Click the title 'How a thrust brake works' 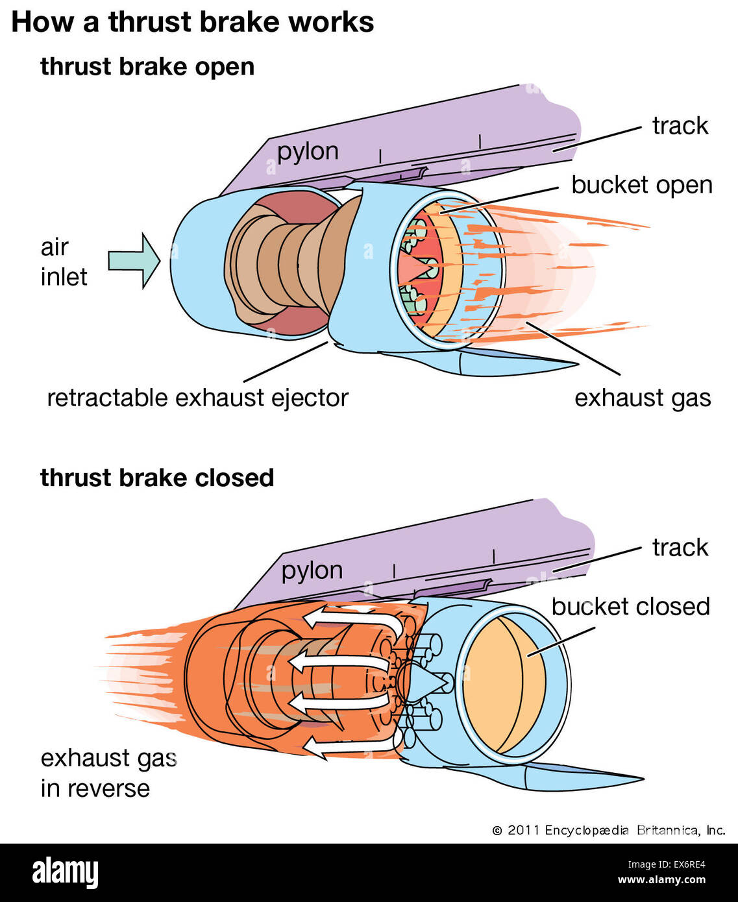click(192, 22)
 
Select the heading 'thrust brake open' click(147, 67)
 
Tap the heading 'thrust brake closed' click(156, 478)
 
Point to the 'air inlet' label click(63, 262)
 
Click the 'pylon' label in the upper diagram click(308, 151)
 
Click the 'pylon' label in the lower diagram click(312, 570)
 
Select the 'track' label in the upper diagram click(680, 126)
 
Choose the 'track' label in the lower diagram click(680, 548)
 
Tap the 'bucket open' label click(641, 185)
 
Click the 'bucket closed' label click(630, 607)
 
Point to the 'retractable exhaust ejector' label click(197, 398)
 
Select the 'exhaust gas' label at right click(642, 398)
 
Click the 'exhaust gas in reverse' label click(107, 773)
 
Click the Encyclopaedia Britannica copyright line click(608, 830)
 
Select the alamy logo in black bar click(65, 872)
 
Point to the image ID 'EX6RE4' click(680, 864)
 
